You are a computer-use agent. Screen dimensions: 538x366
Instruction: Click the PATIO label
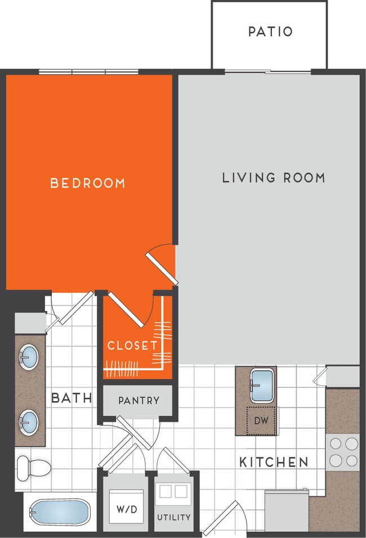click(270, 32)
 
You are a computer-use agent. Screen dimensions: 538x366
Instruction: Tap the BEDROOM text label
click(88, 183)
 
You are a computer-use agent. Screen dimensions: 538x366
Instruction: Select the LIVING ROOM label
click(274, 178)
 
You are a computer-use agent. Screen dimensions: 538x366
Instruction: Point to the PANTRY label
click(139, 401)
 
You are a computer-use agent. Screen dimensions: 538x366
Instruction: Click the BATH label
click(72, 398)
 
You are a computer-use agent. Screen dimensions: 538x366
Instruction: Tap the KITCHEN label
click(274, 463)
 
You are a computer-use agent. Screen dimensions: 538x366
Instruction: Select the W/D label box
click(127, 509)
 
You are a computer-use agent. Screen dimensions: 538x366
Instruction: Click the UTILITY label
click(173, 517)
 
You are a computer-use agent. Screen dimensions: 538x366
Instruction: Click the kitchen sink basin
click(262, 386)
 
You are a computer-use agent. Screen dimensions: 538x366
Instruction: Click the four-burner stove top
click(343, 452)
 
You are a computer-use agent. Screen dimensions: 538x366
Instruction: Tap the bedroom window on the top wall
click(88, 72)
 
